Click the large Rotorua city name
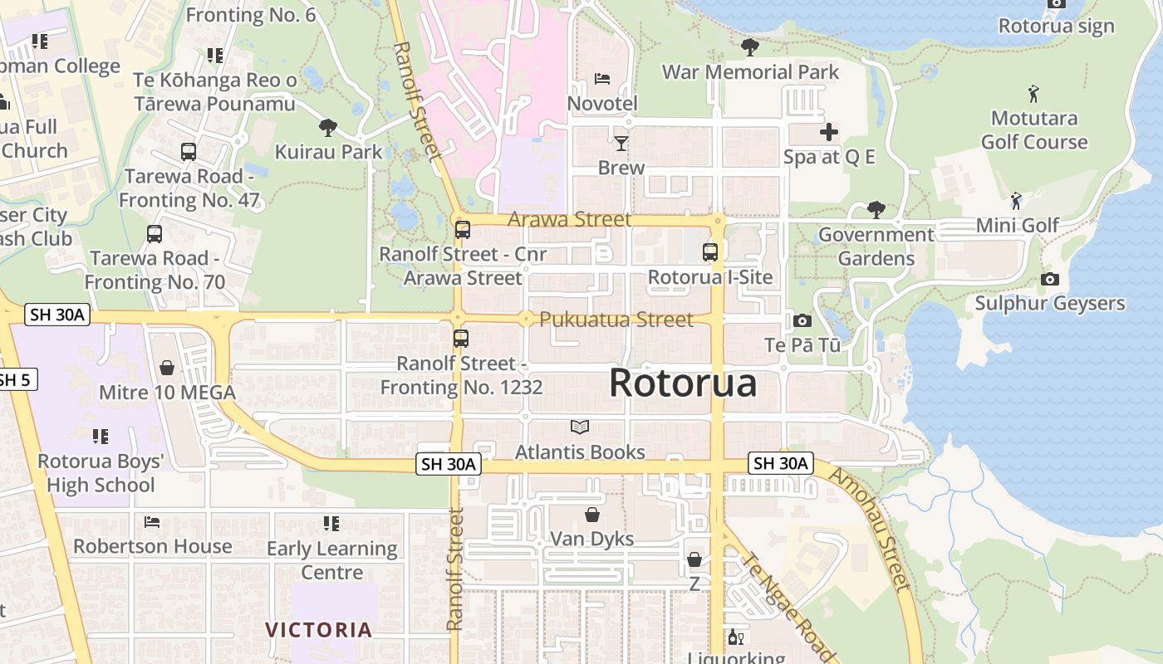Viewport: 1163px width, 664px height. point(683,383)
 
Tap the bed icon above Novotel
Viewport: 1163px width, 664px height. point(602,79)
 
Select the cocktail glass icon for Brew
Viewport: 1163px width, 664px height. point(621,144)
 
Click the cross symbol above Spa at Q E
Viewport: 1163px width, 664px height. point(829,132)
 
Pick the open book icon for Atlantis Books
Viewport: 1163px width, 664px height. point(580,427)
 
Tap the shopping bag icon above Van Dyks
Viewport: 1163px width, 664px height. point(592,515)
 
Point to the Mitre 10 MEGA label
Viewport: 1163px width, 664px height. point(167,392)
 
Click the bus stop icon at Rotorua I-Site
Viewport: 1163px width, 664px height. point(710,252)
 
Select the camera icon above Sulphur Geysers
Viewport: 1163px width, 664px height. point(1050,279)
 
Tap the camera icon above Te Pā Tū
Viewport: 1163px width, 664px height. point(802,320)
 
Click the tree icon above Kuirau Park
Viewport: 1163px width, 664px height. point(328,128)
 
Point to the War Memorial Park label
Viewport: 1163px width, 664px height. point(750,72)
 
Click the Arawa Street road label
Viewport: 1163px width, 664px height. point(569,220)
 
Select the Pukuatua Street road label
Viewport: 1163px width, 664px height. point(616,320)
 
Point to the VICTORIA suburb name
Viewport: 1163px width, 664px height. point(319,630)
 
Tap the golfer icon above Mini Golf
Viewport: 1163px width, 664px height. point(1016,201)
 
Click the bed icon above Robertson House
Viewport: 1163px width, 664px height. point(152,522)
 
